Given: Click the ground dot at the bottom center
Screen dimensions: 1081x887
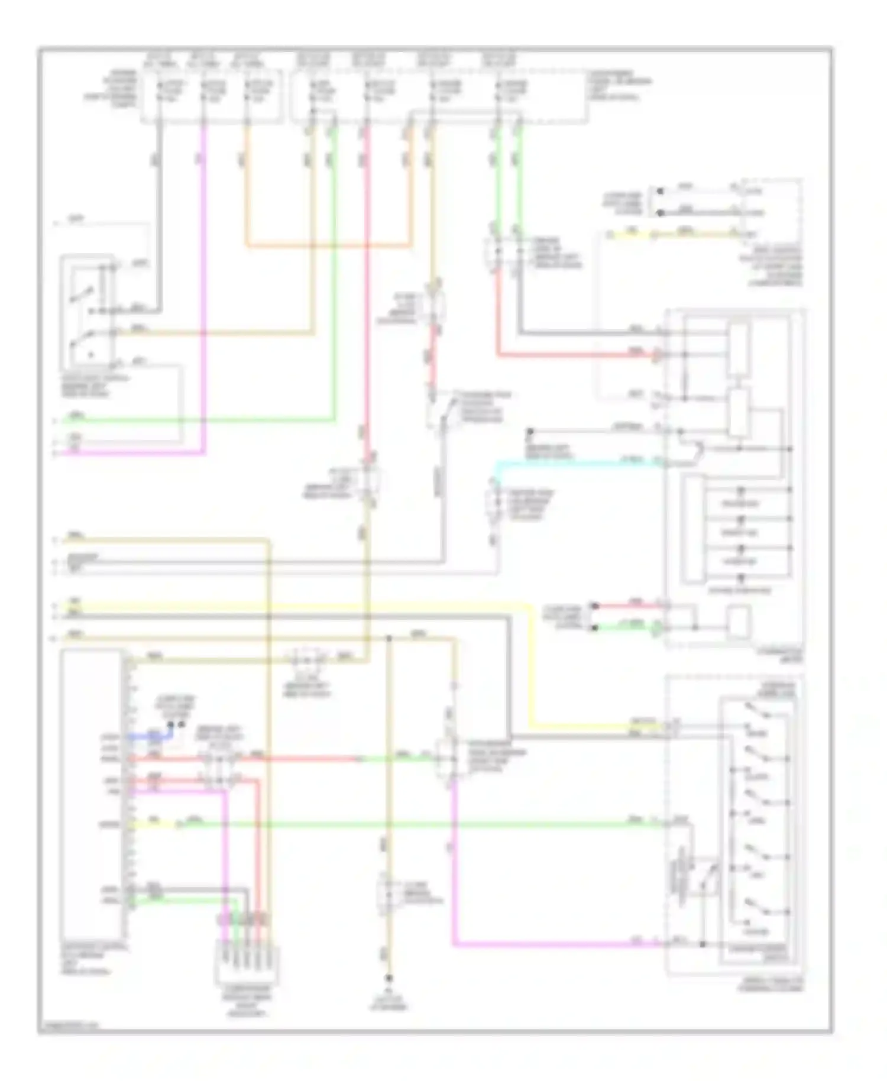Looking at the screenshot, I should coord(389,979).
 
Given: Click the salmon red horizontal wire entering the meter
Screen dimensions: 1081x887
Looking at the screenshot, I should coord(574,355).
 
